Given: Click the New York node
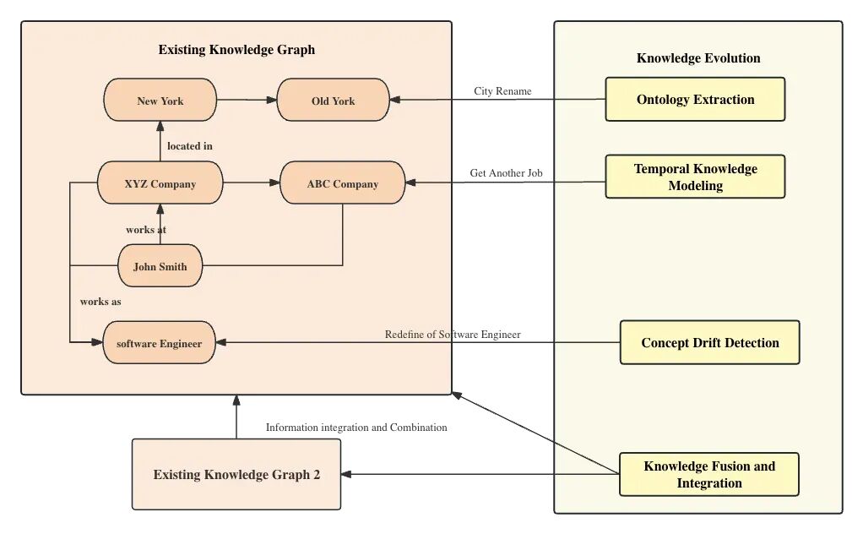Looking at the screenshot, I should click(x=160, y=101).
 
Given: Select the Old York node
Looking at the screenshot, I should click(x=333, y=101).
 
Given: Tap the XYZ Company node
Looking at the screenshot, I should click(x=160, y=183).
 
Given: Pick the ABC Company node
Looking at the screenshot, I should click(x=342, y=183).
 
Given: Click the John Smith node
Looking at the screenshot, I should click(x=160, y=266).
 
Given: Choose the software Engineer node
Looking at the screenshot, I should click(x=159, y=343).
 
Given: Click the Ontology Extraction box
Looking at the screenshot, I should click(x=695, y=100).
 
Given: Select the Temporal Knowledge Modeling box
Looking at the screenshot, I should click(x=695, y=177).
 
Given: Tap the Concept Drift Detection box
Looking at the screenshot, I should click(x=709, y=342).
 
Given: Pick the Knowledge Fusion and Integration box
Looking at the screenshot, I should click(x=708, y=474).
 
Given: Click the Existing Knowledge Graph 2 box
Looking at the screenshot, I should click(x=236, y=474).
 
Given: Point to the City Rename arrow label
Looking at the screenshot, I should click(x=502, y=91).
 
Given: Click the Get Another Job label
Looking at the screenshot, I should click(x=506, y=173).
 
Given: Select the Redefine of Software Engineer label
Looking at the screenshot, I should click(x=453, y=335).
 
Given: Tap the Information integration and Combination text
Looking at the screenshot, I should click(x=356, y=428).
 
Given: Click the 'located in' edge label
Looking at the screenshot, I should click(x=190, y=146).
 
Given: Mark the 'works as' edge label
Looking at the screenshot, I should click(x=100, y=302).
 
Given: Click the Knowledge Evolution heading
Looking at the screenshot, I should click(x=698, y=58).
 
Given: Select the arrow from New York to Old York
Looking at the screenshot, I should click(x=247, y=101).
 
